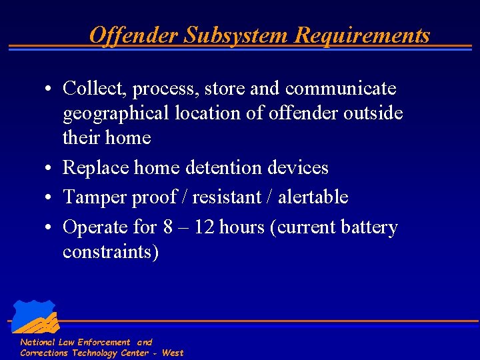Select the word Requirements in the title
(362, 35)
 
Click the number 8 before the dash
(168, 227)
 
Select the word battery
(369, 227)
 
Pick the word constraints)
(111, 252)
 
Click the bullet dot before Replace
(49, 167)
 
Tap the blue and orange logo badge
(35, 317)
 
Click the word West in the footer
(173, 353)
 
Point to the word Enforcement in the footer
(105, 342)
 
